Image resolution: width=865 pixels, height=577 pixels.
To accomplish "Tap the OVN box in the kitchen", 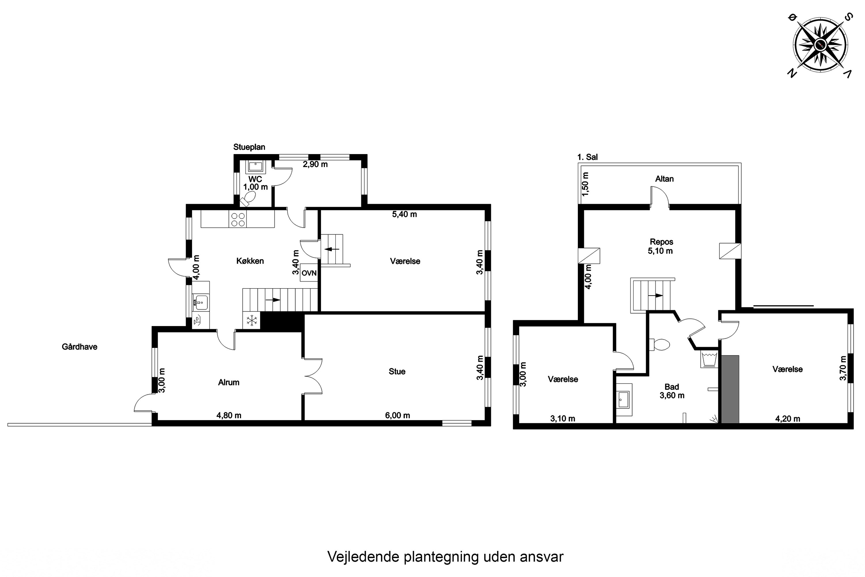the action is click(x=309, y=273).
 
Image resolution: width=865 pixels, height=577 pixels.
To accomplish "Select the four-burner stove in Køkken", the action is click(x=238, y=219).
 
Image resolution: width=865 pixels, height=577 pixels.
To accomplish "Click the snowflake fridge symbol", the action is click(x=251, y=320).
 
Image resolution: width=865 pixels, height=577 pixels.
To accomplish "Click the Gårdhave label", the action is click(x=80, y=347).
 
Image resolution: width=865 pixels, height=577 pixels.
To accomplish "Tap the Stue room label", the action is click(x=397, y=372).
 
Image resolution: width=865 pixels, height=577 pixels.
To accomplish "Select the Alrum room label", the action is click(x=229, y=383).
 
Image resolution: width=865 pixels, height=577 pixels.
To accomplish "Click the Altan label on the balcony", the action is click(x=665, y=179).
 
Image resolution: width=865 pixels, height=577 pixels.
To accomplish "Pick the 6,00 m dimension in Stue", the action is click(x=398, y=415).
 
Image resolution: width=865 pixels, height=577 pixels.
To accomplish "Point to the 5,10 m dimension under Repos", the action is click(x=661, y=251).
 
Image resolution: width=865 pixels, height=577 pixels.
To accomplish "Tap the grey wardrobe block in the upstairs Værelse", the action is click(x=730, y=389).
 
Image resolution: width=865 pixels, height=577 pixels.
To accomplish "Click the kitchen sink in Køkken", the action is click(x=201, y=302).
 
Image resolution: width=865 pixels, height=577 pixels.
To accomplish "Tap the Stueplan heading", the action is click(x=249, y=147).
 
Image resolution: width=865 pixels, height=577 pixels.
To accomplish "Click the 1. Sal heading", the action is click(x=587, y=157).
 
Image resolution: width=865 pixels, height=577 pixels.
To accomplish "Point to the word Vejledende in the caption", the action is click(x=363, y=557).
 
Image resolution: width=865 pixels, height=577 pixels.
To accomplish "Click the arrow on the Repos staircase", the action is click(x=655, y=295).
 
